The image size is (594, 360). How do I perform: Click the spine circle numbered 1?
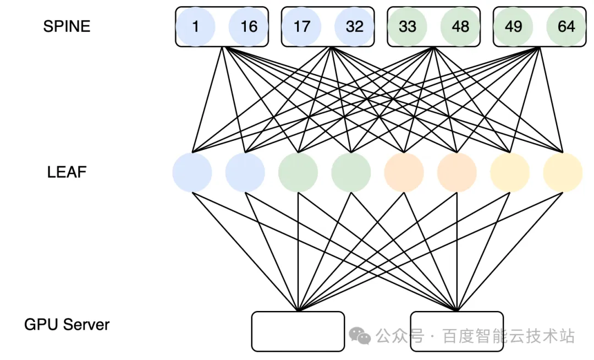[195, 26]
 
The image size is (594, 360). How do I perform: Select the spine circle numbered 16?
[249, 26]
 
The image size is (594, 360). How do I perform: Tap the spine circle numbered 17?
[301, 26]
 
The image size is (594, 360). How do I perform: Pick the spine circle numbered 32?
[355, 26]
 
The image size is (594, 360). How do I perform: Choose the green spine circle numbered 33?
[407, 26]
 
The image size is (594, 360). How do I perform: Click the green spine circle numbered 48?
[460, 26]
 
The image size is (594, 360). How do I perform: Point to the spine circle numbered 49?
[513, 26]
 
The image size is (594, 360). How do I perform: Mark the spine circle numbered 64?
[566, 26]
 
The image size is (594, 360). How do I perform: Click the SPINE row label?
[67, 26]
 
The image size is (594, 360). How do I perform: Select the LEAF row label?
[67, 172]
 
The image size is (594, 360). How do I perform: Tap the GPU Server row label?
[67, 324]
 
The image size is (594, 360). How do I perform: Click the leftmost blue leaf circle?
[192, 172]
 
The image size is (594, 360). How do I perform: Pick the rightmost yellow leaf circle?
[563, 172]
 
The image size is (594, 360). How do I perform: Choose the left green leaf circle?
[298, 172]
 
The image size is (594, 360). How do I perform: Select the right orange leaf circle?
[457, 172]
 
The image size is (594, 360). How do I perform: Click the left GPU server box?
[298, 331]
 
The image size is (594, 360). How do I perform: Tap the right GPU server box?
[457, 331]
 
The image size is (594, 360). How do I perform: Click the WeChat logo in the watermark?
[360, 336]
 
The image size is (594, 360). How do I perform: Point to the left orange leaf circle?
[404, 172]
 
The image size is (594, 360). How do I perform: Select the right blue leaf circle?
[245, 172]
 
